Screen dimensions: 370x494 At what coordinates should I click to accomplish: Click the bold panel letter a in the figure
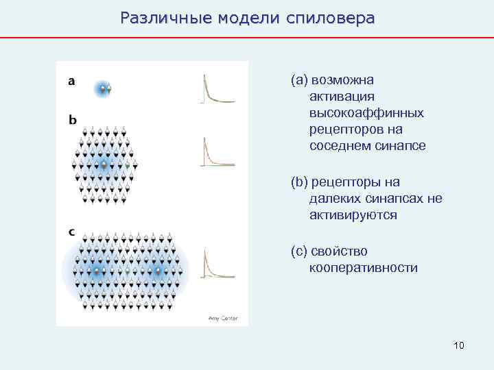click(x=72, y=82)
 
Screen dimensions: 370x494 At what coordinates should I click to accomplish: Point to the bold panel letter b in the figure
click(x=73, y=120)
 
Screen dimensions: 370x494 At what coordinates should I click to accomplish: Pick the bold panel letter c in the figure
click(x=72, y=232)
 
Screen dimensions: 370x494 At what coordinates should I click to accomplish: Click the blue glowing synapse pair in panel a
click(x=103, y=88)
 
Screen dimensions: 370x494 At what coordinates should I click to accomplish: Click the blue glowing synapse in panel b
click(x=104, y=164)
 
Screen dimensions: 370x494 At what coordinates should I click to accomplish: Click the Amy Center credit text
click(x=222, y=317)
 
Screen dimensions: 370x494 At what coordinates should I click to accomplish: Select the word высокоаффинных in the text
click(x=366, y=112)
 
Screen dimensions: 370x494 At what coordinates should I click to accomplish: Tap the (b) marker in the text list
click(x=298, y=182)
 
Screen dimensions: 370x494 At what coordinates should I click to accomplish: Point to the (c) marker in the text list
click(x=298, y=251)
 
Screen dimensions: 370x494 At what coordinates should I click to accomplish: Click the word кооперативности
click(x=364, y=268)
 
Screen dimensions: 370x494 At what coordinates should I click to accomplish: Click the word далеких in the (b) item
click(x=336, y=199)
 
